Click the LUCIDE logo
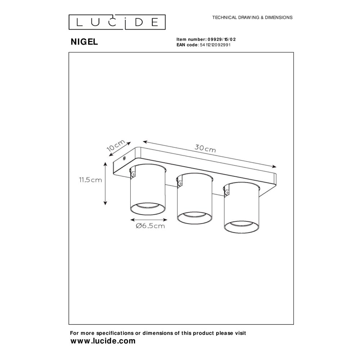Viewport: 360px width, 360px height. click(x=117, y=22)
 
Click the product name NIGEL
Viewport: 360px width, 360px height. click(x=84, y=42)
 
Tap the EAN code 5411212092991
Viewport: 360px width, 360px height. click(x=215, y=45)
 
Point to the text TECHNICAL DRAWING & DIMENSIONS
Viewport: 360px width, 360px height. click(x=252, y=17)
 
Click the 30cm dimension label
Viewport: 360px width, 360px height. click(x=205, y=149)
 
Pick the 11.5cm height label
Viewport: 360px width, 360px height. click(x=90, y=180)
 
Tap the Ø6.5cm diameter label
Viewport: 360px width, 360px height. click(x=150, y=226)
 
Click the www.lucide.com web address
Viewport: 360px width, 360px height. click(x=103, y=341)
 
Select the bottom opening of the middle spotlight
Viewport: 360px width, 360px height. click(x=194, y=218)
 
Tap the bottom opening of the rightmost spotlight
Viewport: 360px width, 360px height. click(x=242, y=227)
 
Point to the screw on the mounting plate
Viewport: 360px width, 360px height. click(x=124, y=158)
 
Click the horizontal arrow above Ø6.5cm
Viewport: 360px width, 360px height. click(x=149, y=220)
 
